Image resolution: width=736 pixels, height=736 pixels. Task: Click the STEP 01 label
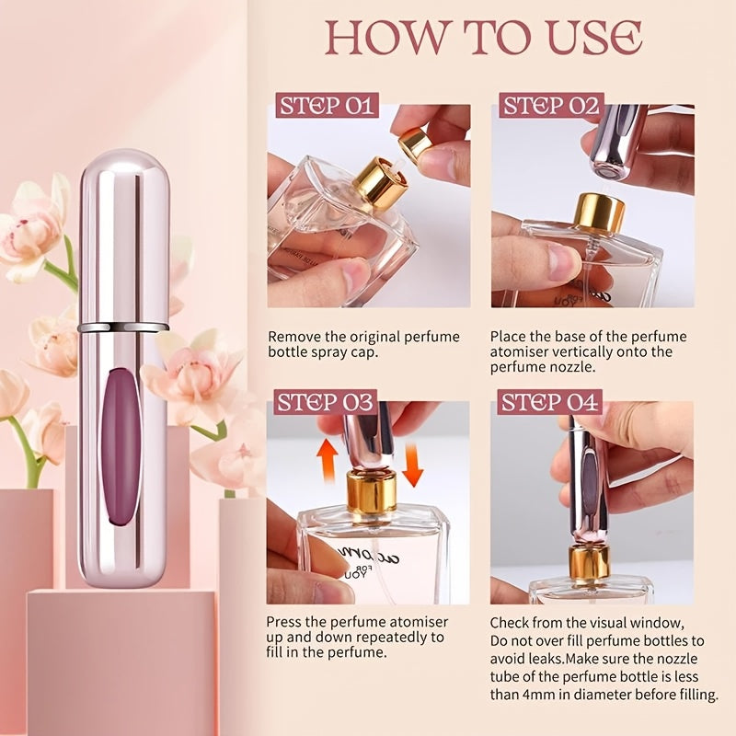tap(328, 106)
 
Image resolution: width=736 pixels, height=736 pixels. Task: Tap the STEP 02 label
tap(550, 106)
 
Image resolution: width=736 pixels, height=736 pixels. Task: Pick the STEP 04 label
tap(550, 402)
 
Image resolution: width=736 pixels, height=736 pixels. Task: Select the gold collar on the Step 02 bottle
tap(599, 213)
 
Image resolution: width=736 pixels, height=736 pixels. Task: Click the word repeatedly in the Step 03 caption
tap(401, 637)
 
